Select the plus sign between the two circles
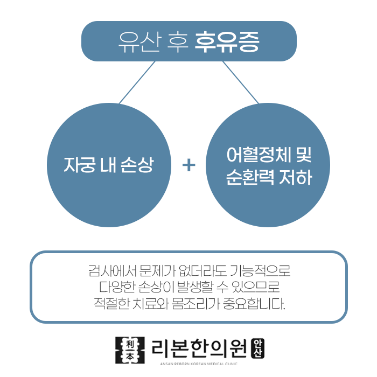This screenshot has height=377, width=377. point(188,165)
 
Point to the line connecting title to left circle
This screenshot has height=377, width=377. point(137,82)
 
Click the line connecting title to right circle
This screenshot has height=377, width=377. point(241,82)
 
